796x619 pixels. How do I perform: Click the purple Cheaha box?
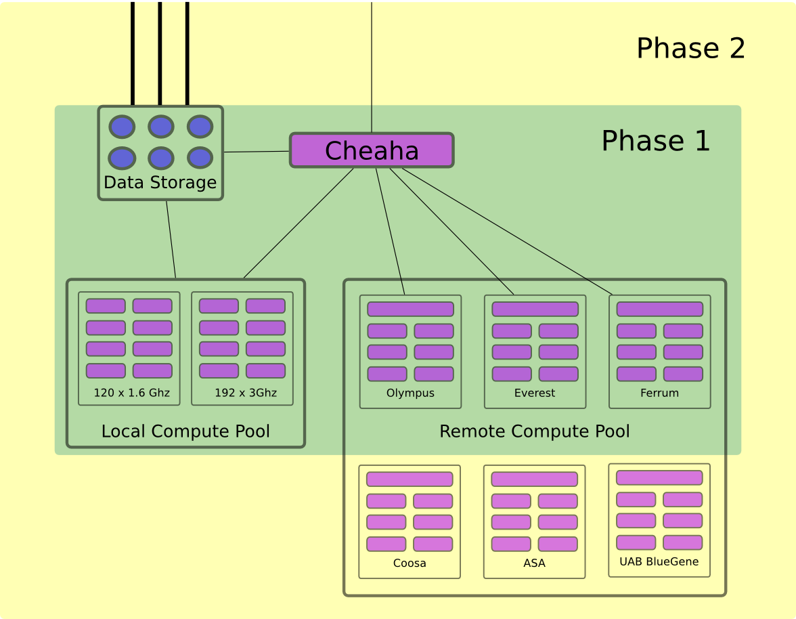pyautogui.click(x=372, y=150)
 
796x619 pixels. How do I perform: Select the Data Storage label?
pyautogui.click(x=160, y=183)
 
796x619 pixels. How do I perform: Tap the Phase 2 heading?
pyautogui.click(x=690, y=49)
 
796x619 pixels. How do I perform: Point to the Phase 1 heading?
pyautogui.click(x=655, y=141)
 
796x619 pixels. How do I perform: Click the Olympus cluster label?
pyautogui.click(x=410, y=393)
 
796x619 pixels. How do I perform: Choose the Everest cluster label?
pyautogui.click(x=535, y=393)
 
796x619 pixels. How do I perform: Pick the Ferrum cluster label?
pyautogui.click(x=659, y=393)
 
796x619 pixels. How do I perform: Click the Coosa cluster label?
pyautogui.click(x=410, y=563)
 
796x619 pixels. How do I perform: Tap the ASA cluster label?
pyautogui.click(x=534, y=563)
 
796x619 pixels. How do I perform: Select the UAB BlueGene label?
pyautogui.click(x=659, y=562)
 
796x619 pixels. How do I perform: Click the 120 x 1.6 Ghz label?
pyautogui.click(x=131, y=393)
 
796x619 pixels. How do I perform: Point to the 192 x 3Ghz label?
pyautogui.click(x=245, y=393)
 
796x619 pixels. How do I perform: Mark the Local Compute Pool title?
pyautogui.click(x=185, y=431)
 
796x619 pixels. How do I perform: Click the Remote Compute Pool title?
pyautogui.click(x=535, y=431)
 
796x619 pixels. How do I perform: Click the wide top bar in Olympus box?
pyautogui.click(x=410, y=309)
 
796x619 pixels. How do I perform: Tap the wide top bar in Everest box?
pyautogui.click(x=535, y=309)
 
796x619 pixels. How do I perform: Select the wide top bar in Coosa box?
pyautogui.click(x=410, y=479)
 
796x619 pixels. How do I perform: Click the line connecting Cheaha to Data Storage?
pyautogui.click(x=257, y=152)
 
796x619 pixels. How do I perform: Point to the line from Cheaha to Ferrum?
pyautogui.click(x=508, y=232)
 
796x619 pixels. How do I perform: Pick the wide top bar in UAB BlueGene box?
pyautogui.click(x=659, y=478)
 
